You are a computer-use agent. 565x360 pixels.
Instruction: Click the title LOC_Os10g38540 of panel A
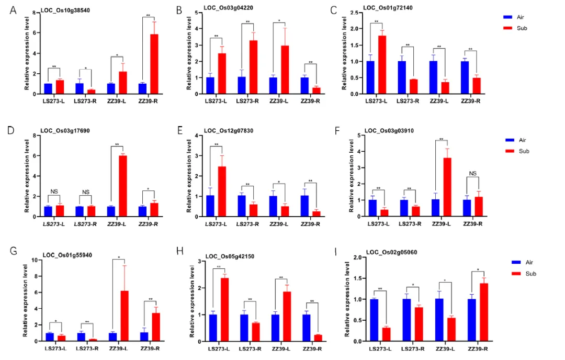coord(59,10)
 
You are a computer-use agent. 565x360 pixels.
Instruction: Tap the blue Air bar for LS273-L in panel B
coord(210,86)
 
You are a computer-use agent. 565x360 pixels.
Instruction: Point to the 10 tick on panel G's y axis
coord(34,260)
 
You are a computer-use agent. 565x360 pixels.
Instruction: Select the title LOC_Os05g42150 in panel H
coord(230,256)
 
